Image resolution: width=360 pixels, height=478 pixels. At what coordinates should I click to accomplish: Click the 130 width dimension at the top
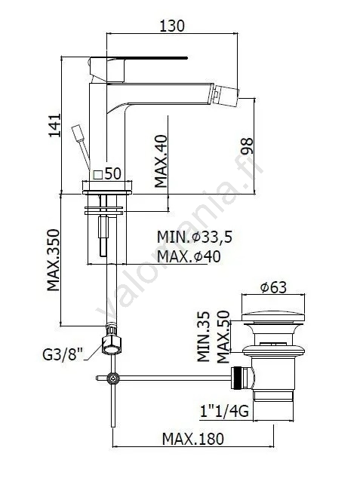[x=172, y=26]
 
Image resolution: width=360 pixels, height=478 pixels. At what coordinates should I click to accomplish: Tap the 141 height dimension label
[x=55, y=125]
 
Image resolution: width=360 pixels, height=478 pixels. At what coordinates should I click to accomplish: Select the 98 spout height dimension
[x=247, y=146]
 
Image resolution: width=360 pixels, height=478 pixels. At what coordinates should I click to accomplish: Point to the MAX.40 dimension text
[x=161, y=161]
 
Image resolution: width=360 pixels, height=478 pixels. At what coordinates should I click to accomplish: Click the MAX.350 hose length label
[x=53, y=260]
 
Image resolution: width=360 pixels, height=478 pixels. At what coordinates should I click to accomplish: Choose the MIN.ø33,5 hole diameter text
[x=194, y=237]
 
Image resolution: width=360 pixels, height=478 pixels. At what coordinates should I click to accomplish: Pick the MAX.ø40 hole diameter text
[x=189, y=256]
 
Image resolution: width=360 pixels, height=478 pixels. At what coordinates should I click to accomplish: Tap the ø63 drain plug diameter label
[x=273, y=287]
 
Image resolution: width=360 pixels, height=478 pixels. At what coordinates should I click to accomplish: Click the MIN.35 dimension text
[x=204, y=336]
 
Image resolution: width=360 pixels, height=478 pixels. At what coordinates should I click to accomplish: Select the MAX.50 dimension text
[x=223, y=336]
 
